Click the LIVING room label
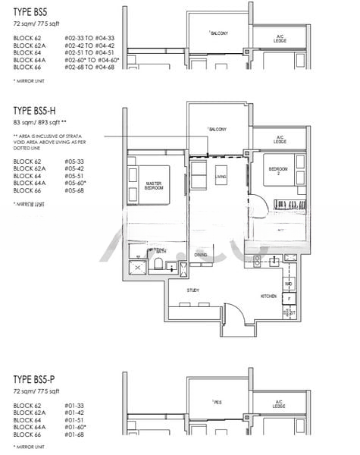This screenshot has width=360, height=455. [x=221, y=177]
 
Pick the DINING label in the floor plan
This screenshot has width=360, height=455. [x=200, y=255]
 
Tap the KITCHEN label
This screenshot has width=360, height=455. [x=268, y=296]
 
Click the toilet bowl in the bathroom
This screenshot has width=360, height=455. [x=158, y=263]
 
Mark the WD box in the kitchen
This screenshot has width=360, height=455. [x=288, y=284]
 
